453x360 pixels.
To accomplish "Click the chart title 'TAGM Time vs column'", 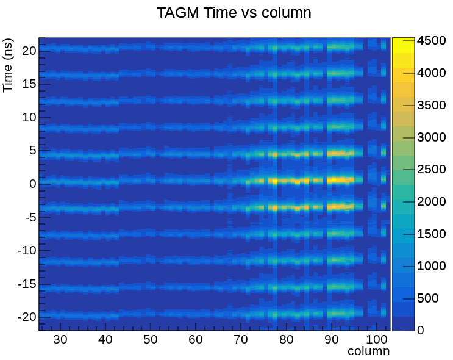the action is point(234,13).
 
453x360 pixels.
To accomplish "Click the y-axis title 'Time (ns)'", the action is point(8,65).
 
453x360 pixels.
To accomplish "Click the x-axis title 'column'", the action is point(369,351).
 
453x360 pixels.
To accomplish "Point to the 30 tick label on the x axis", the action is point(60,339).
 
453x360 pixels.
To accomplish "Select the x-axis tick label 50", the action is point(151,339).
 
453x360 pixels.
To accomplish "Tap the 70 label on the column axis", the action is point(241,339).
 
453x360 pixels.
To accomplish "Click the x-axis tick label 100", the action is point(377,339).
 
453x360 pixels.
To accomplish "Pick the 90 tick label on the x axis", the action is point(332,339).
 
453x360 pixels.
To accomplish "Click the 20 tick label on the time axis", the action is point(29,51).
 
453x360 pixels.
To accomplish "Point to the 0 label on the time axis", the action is point(33,184).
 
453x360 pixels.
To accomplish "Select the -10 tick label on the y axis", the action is point(27,250).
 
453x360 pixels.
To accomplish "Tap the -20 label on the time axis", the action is point(27,317).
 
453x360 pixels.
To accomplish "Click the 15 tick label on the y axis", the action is point(29,84).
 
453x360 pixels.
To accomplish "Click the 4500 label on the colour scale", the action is point(431,40).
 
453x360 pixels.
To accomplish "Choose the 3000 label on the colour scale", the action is point(431,137).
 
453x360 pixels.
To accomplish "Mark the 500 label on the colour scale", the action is point(428,298).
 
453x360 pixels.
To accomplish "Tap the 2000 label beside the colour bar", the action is point(431,201).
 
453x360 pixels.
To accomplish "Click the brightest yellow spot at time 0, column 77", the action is point(274,181).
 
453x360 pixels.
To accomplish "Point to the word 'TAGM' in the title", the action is point(178,13).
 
